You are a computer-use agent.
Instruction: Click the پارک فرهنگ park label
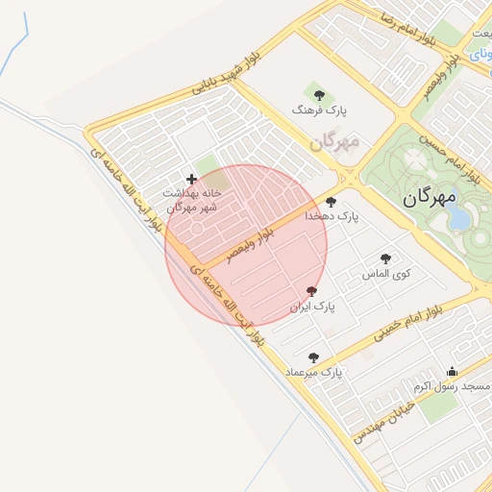[x=319, y=111]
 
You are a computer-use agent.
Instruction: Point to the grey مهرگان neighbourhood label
[x=334, y=142]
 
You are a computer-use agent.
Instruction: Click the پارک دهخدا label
[x=332, y=217]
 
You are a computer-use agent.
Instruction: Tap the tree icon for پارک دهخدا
[x=332, y=202]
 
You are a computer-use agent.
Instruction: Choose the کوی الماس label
[x=386, y=274]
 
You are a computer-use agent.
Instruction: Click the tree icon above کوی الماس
[x=386, y=258]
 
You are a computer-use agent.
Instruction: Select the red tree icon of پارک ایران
[x=311, y=291]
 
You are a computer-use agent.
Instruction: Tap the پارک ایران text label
[x=312, y=307]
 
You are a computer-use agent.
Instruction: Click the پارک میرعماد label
[x=313, y=372]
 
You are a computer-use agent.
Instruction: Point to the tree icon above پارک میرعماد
[x=313, y=357]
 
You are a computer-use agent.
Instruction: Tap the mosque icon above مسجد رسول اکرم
[x=453, y=372]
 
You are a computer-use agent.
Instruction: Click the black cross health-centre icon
[x=191, y=179]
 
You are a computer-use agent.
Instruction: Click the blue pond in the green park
[x=459, y=217]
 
